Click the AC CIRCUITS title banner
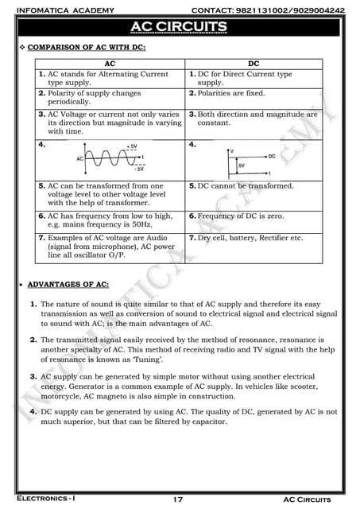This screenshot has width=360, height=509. tap(180, 28)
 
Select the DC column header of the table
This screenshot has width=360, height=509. tap(254, 61)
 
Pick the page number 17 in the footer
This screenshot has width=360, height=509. tap(178, 499)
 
